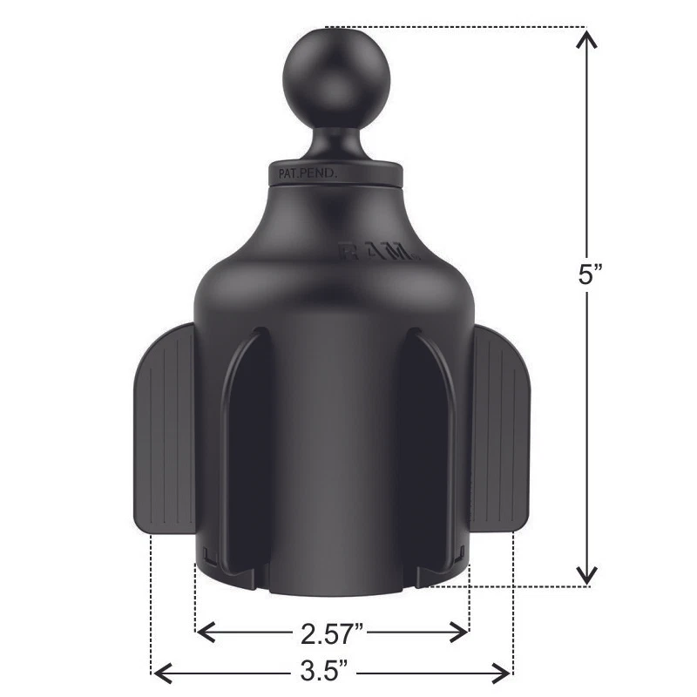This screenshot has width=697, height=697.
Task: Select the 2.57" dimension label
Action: tap(332, 632)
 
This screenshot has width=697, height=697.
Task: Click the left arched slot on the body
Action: tap(247, 444)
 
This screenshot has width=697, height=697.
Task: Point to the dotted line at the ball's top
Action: tap(453, 26)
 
